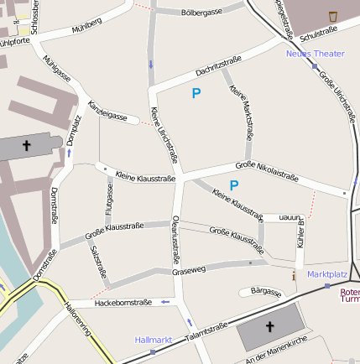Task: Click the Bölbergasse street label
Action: (x=201, y=13)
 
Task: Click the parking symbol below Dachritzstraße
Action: (x=196, y=94)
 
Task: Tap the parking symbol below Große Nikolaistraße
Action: (x=234, y=185)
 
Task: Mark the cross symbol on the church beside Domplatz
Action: (x=26, y=146)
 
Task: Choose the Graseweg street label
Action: (x=188, y=271)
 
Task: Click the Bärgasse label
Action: (x=265, y=292)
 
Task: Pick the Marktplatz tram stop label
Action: (x=327, y=274)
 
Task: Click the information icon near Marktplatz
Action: (x=294, y=275)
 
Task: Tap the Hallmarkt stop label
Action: (x=153, y=340)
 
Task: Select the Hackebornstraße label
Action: (x=123, y=301)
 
